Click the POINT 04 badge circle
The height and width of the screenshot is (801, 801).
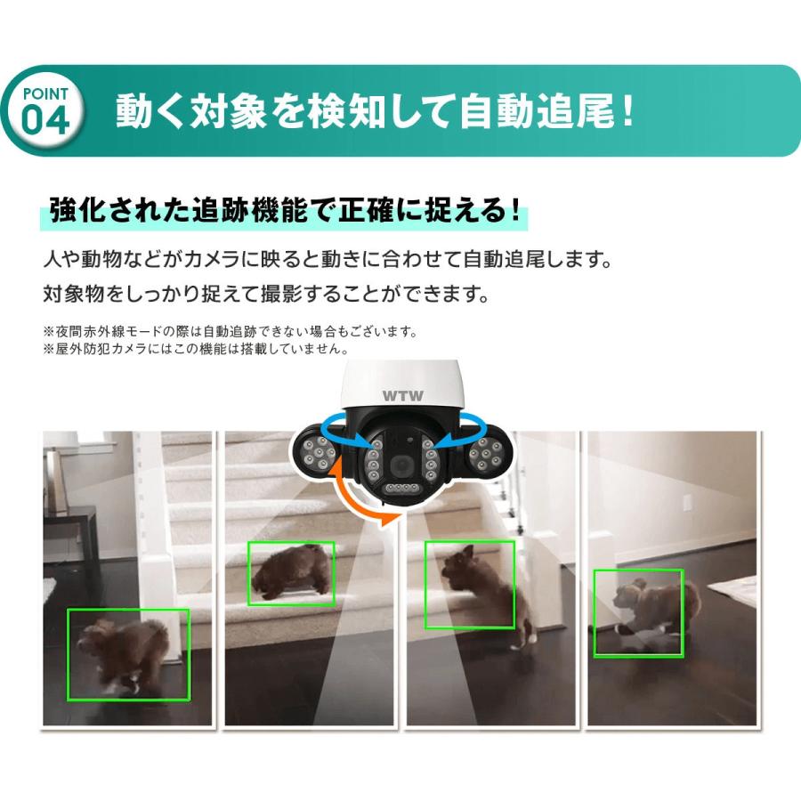(45, 110)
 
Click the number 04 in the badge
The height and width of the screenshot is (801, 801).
(45, 120)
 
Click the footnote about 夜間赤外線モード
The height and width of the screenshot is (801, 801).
(230, 332)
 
